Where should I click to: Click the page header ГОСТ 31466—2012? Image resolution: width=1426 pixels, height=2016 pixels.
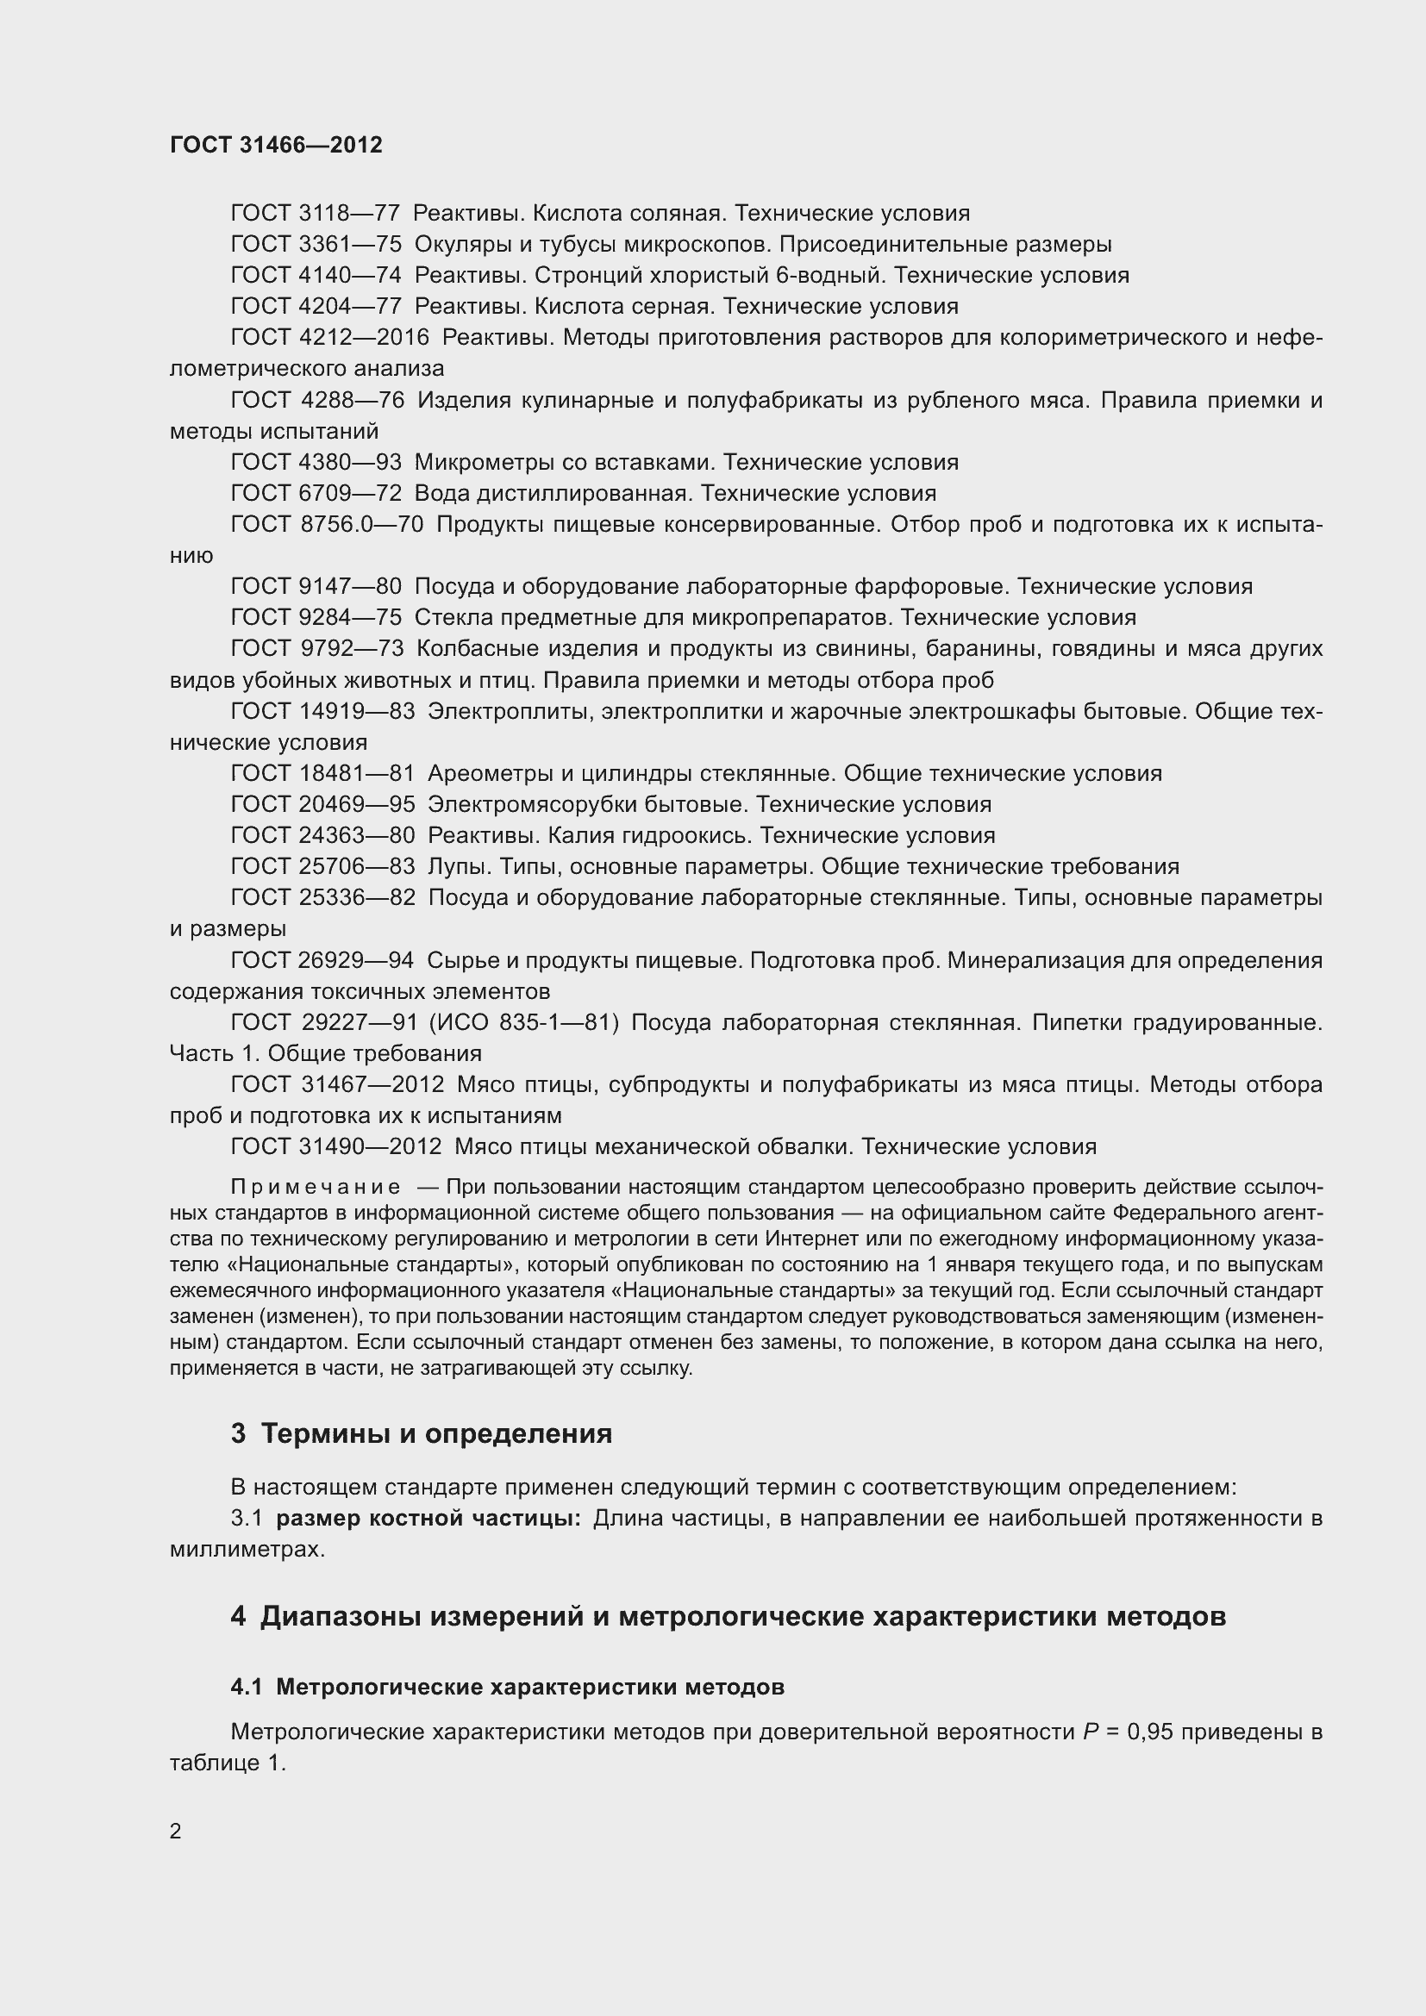click(x=276, y=145)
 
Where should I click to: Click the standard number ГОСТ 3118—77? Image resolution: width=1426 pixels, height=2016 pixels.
click(x=316, y=214)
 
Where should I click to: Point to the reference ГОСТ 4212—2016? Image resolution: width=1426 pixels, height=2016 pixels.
click(x=329, y=338)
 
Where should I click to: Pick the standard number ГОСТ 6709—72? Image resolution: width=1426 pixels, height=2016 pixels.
click(x=316, y=494)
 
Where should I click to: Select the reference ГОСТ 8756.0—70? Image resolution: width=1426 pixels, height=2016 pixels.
click(x=327, y=525)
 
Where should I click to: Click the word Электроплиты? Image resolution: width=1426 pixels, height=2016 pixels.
click(x=510, y=712)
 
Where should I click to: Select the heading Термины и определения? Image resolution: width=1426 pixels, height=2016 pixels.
click(x=436, y=1434)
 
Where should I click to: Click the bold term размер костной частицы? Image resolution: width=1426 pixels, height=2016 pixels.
click(x=428, y=1518)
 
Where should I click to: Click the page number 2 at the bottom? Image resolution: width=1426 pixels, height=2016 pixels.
click(x=176, y=1832)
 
